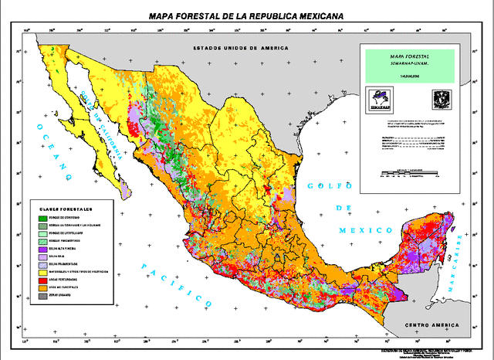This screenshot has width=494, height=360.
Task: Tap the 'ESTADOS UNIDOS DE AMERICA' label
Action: tap(241, 47)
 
